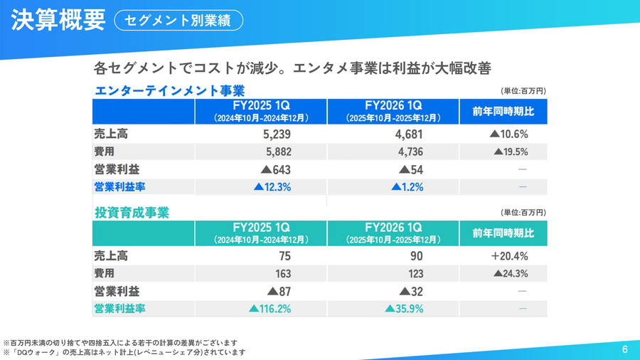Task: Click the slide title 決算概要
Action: pos(58,20)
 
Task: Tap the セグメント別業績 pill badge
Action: pos(178,20)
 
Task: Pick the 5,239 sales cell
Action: pos(277,133)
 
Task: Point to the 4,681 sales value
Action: pos(408,133)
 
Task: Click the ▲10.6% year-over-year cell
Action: pos(508,133)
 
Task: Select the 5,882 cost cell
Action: pos(277,152)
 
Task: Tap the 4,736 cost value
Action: pos(408,152)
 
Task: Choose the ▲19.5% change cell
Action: pos(511,152)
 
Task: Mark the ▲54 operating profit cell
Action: pos(412,169)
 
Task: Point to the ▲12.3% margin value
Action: pos(272,187)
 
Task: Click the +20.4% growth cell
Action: pos(508,256)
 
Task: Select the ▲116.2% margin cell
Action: pos(270,309)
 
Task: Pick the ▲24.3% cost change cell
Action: pos(511,274)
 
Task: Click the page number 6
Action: pos(624,349)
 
